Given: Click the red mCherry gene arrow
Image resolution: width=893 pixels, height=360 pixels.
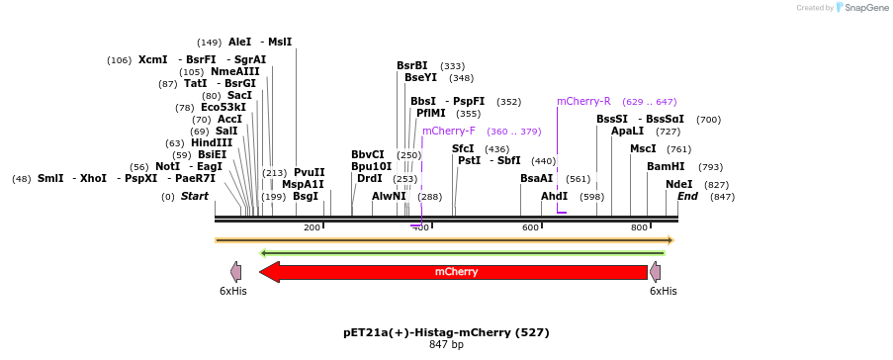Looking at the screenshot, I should tap(456, 272).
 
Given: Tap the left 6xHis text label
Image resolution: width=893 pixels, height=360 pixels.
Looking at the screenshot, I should tap(233, 291).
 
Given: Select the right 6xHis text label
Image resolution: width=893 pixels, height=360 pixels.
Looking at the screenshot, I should tap(664, 291).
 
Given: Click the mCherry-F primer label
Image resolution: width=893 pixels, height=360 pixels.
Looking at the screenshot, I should tap(449, 131).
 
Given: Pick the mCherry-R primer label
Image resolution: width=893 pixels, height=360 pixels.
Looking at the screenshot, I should tap(583, 101).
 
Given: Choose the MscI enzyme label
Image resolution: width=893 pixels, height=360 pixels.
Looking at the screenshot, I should tap(643, 148).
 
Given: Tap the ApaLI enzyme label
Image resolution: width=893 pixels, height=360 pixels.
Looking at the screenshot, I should tap(627, 131).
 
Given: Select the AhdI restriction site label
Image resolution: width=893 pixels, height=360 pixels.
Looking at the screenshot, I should tap(555, 196).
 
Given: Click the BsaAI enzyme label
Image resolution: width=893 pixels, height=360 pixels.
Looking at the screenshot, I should tap(537, 178).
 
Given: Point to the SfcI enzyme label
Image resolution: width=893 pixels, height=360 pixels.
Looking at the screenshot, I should tap(463, 148).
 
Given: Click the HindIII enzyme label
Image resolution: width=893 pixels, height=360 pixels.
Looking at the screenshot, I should tap(213, 142).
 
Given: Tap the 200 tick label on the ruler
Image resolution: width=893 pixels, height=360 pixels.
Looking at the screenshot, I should tap(313, 227).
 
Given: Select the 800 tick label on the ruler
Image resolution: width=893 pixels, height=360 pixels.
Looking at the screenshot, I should tap(639, 227).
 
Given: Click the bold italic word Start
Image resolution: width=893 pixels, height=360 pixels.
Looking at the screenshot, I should tap(195, 196).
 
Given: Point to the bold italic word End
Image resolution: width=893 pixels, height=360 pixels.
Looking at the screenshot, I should tap(687, 196).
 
